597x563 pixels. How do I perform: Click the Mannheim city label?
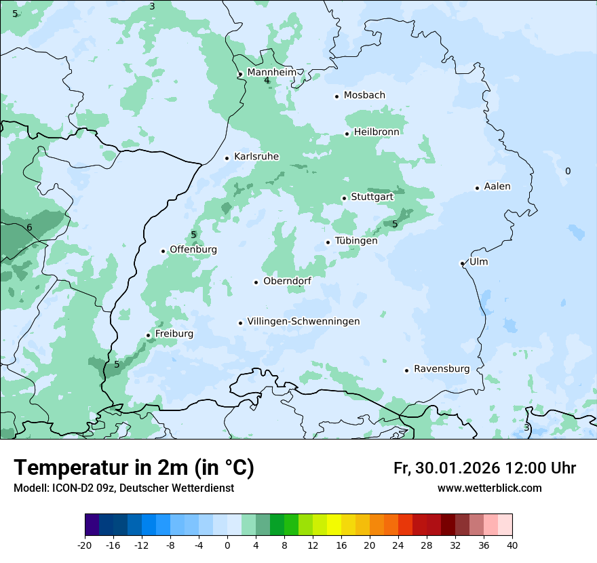click(x=271, y=73)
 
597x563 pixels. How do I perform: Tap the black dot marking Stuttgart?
click(x=344, y=198)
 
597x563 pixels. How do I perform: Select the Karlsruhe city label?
click(x=256, y=157)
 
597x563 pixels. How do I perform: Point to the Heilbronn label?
click(x=376, y=132)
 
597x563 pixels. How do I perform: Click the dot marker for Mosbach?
click(x=336, y=96)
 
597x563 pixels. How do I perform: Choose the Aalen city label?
click(x=497, y=187)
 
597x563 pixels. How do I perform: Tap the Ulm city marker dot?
click(x=462, y=263)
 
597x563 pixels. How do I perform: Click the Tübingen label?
click(x=355, y=241)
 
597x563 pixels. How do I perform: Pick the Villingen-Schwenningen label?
click(x=303, y=322)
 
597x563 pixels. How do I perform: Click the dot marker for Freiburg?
click(x=148, y=335)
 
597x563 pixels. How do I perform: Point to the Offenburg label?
click(x=193, y=250)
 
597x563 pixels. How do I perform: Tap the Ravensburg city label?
click(x=441, y=369)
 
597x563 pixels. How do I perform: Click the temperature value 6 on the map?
click(x=29, y=228)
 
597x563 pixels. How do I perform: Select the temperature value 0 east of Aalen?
click(x=568, y=172)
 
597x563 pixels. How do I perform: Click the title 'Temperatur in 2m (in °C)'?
click(x=134, y=468)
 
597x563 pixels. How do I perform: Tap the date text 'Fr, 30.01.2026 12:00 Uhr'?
click(x=484, y=468)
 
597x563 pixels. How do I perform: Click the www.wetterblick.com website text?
click(x=489, y=488)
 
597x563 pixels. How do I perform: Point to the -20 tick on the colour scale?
click(x=85, y=545)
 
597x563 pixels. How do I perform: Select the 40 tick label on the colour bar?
click(x=512, y=545)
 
